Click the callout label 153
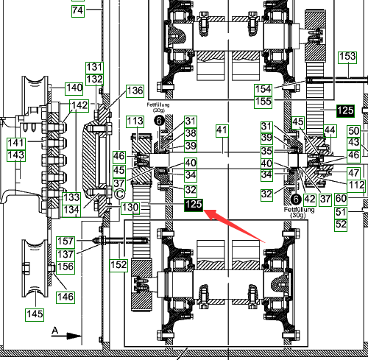347,57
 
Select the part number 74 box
78,11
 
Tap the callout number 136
135,91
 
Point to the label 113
135,121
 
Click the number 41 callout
222,131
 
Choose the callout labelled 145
35,315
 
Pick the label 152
118,266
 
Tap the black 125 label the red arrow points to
194,205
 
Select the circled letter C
120,194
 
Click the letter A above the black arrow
55,331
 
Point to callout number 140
74,88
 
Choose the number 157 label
66,242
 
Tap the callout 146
66,297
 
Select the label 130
130,208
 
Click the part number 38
191,134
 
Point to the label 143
16,155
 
